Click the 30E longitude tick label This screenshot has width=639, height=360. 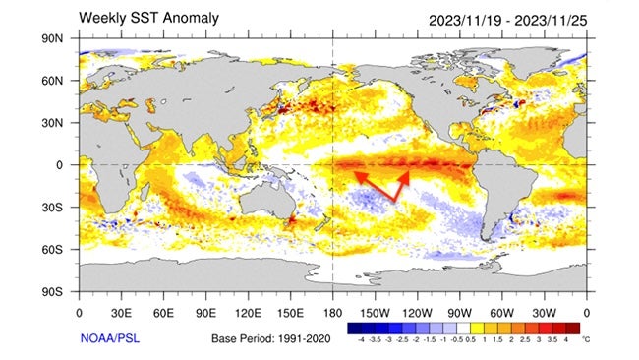point(121,313)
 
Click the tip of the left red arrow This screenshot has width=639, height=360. point(356,173)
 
